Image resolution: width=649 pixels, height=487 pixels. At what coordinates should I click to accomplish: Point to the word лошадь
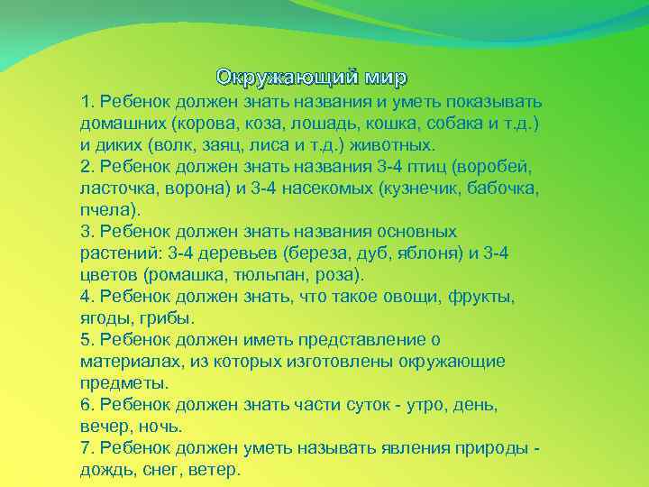(x=363, y=123)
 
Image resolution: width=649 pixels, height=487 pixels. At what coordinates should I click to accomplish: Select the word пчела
(x=105, y=209)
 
